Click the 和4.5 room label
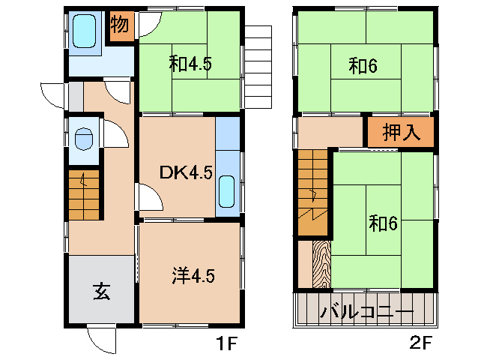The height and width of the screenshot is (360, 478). point(190,64)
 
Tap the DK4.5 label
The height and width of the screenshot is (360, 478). point(186,173)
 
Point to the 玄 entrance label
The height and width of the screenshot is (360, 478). point(102,291)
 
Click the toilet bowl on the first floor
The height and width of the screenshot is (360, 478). point(84,139)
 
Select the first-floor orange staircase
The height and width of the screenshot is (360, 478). point(83,195)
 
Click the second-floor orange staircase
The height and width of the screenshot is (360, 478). point(313,191)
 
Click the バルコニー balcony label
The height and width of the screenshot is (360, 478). point(366,311)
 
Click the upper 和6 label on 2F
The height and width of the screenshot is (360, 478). point(363,67)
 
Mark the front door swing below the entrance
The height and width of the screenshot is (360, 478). point(101,339)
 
